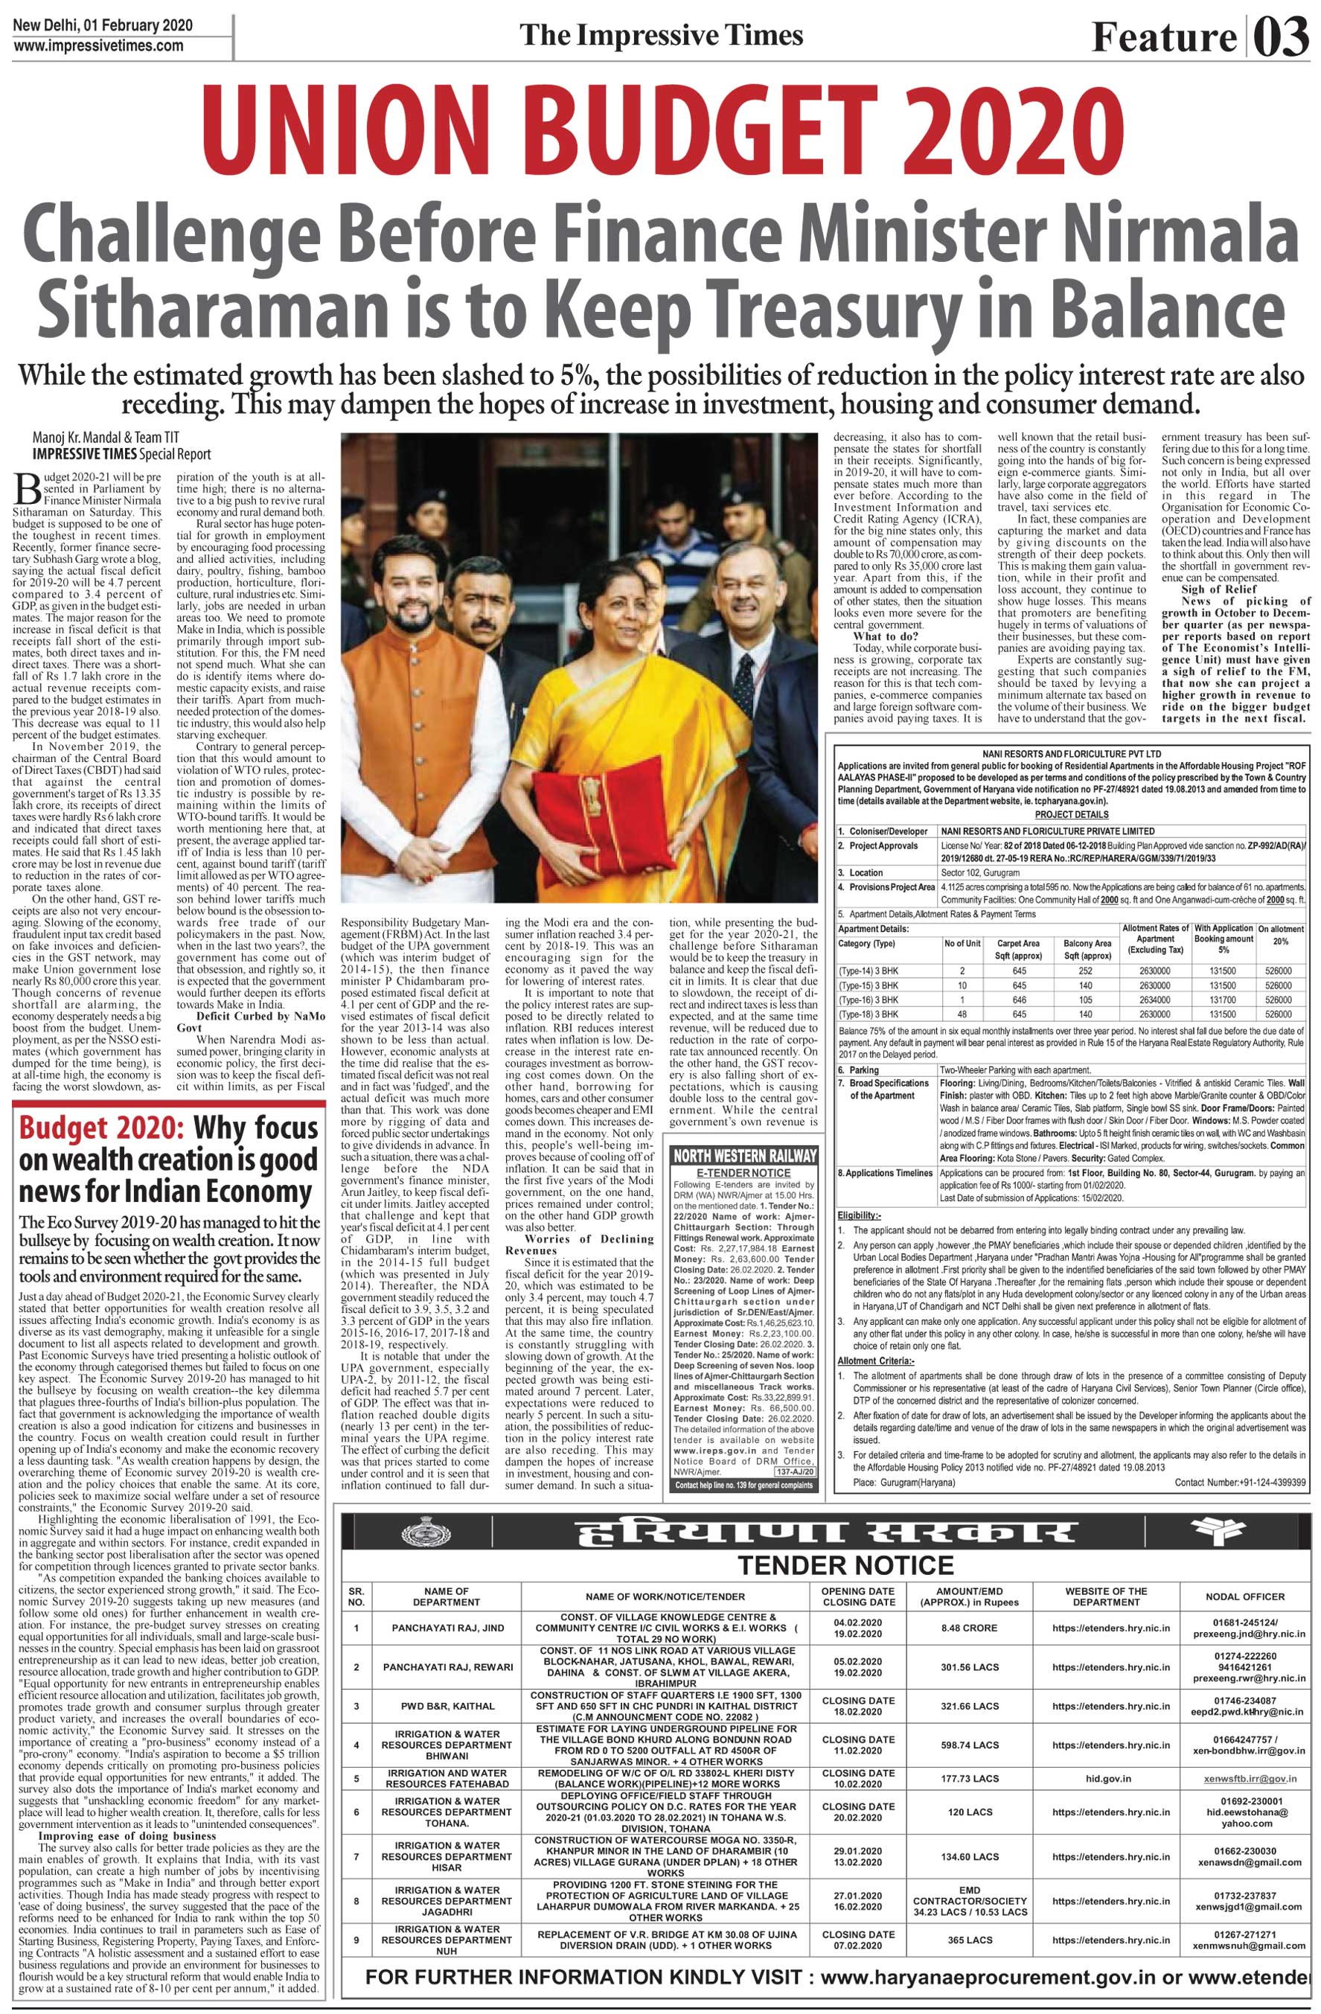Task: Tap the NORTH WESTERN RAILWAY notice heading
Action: (x=744, y=1156)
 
